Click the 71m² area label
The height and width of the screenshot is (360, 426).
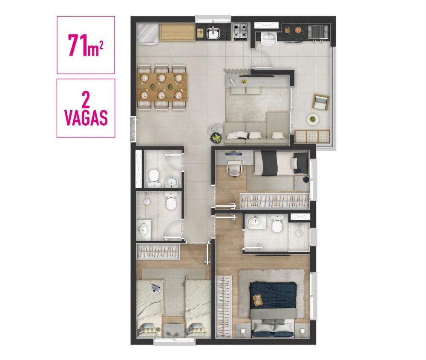point(86,45)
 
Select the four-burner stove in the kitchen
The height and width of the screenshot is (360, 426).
point(240,32)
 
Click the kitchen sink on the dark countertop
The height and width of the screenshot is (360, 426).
point(213,33)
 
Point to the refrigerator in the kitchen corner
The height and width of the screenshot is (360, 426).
point(148,34)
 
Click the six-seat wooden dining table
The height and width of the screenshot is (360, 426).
point(162,86)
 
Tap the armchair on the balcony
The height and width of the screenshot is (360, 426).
point(321,102)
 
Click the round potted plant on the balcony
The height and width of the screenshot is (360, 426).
point(313,119)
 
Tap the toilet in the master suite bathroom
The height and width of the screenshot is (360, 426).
point(277,224)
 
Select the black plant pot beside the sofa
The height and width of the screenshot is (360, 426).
point(216,138)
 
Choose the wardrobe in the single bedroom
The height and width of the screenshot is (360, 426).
point(274,202)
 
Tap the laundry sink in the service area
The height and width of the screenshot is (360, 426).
point(269,38)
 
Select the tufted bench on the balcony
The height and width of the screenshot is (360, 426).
point(312,136)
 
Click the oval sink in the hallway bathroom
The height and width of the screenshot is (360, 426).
point(144,230)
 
